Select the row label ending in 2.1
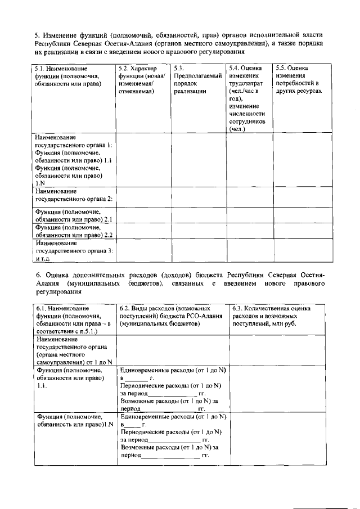click(x=74, y=215)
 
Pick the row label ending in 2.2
click(x=74, y=231)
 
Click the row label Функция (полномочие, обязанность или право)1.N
click(x=73, y=421)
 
